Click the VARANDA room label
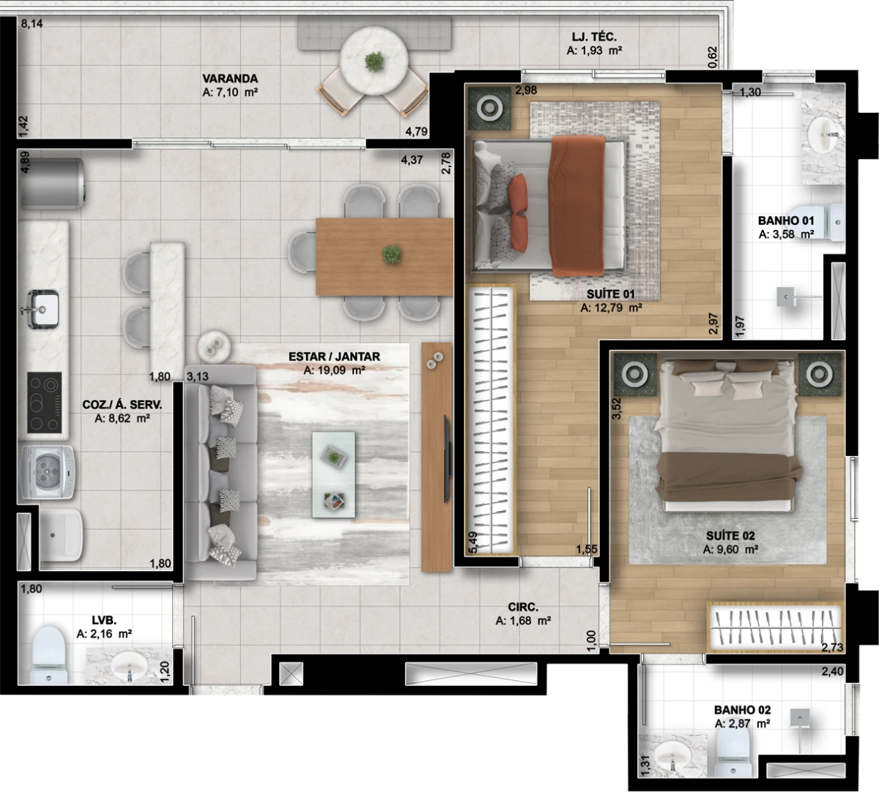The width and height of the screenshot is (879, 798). point(230,79)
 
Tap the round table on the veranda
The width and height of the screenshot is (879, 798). point(374,61)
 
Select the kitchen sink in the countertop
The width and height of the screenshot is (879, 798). point(42,309)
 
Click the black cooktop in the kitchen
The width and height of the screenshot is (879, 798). point(44,403)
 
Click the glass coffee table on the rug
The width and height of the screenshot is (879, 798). point(333,474)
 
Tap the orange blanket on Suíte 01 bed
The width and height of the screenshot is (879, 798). point(578,206)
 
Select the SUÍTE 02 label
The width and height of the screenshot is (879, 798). point(730,535)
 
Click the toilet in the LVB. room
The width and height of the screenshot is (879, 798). point(48,655)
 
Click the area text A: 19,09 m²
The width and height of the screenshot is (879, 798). point(334,370)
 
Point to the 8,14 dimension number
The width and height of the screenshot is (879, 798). point(32,23)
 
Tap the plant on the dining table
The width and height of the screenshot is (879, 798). point(391,253)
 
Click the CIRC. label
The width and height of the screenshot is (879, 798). point(523,607)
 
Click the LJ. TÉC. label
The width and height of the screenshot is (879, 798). point(594,37)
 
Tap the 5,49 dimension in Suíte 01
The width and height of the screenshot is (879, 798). point(472,542)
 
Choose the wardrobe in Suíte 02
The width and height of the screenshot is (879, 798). point(774,627)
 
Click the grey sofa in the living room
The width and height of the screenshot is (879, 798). point(220,473)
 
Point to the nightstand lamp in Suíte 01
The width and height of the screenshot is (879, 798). point(489,108)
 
